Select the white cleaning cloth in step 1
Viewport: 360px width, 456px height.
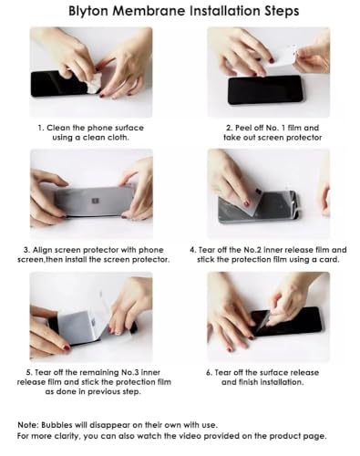pos(92,81)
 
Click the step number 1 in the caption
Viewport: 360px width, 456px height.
pos(40,128)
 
